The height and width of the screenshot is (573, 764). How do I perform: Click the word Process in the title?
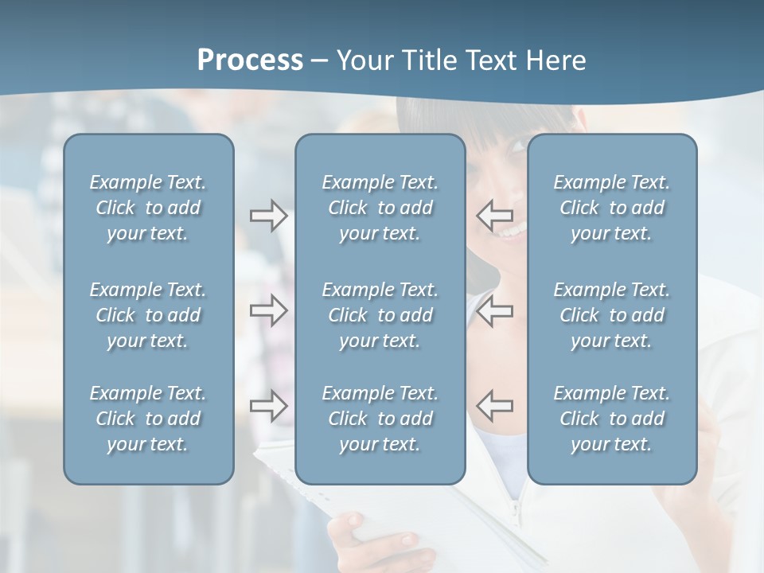coord(250,60)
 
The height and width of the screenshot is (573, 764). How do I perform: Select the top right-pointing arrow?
coord(268,216)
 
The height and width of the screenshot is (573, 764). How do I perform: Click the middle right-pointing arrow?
coord(268,310)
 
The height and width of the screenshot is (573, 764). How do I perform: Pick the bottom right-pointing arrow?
coord(268,406)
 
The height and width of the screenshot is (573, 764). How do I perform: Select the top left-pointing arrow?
coord(495,216)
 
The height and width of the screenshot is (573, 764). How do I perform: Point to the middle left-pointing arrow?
coord(495,310)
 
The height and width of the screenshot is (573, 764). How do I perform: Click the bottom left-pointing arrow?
coord(495,406)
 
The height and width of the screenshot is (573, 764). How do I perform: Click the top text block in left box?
coord(148,208)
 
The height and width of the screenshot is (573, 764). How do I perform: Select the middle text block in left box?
coord(148,315)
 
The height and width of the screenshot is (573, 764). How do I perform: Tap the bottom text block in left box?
coord(148,419)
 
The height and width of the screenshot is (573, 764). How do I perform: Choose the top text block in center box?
coord(380,208)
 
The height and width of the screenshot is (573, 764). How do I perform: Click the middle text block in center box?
coord(380,315)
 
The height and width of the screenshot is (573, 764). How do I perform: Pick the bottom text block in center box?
coord(380,419)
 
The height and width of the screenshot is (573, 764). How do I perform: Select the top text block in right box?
coord(611,208)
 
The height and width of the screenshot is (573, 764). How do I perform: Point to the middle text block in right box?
coord(611,315)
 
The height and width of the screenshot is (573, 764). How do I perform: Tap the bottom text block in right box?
coord(611,419)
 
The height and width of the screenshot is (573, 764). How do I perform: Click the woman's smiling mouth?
coord(512,230)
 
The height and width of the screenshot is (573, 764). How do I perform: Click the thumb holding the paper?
coord(350,526)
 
